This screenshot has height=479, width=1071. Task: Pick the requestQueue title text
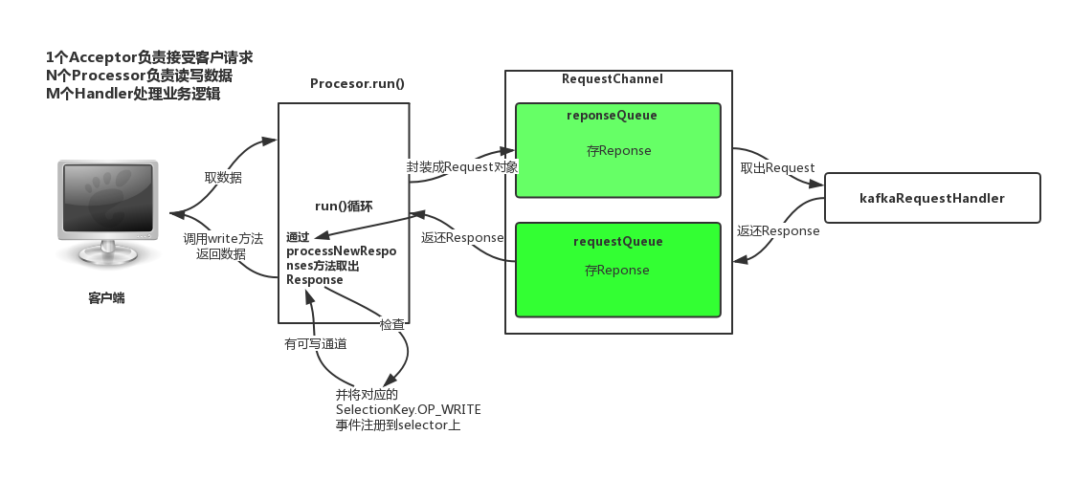(617, 242)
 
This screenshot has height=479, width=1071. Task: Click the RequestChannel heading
(612, 79)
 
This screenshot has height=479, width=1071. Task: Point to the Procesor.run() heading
(357, 83)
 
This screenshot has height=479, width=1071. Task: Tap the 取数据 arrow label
(223, 177)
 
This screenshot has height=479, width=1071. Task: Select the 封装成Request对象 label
(462, 166)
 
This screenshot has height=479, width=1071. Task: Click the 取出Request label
(777, 167)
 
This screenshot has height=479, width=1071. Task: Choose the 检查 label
(392, 324)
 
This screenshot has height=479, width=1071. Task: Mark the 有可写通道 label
(315, 342)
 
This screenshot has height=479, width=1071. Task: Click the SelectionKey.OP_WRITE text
(408, 409)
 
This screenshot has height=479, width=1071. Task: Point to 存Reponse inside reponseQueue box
(618, 151)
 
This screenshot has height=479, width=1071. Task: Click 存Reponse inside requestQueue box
(617, 271)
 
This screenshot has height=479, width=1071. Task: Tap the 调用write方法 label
(222, 238)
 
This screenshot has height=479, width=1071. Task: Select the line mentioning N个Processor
(139, 76)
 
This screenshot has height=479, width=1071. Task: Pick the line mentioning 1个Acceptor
(148, 57)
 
